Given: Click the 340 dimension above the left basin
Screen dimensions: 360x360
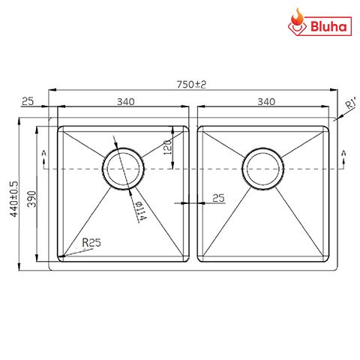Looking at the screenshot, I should point(125,101).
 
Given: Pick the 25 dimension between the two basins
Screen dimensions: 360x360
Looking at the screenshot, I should point(218,198).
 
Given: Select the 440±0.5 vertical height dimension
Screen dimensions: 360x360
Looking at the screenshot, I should point(13,197).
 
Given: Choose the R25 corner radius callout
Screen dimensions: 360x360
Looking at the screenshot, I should point(91,242).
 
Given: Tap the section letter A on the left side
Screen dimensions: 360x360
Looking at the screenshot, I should point(44,154).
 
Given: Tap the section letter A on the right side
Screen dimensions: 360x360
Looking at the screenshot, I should point(343,154).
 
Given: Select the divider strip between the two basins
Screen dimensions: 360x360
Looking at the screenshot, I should point(193,191).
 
